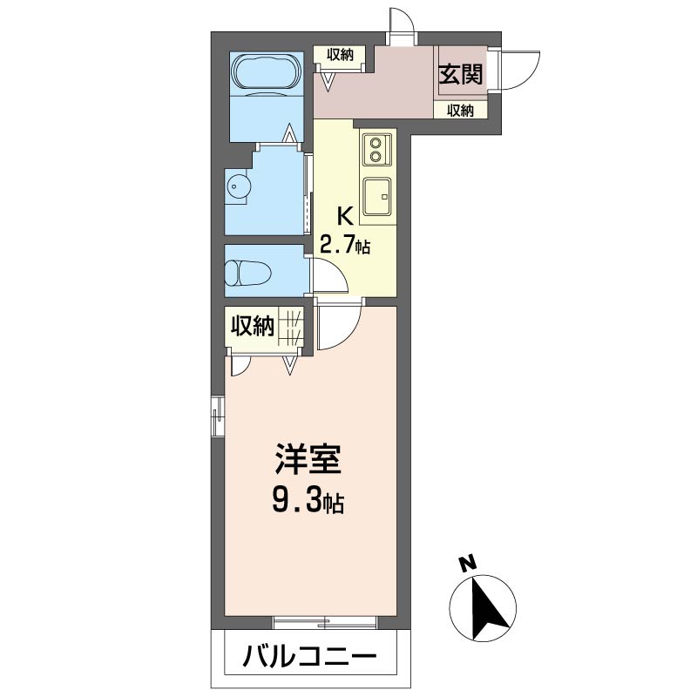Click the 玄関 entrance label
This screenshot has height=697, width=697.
460,76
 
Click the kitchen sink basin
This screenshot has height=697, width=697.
378,196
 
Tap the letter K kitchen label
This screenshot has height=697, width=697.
345,215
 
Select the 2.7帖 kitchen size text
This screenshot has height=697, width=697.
345,245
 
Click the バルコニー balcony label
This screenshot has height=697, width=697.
310,655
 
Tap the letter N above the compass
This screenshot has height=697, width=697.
468,564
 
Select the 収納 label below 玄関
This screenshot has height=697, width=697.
460,111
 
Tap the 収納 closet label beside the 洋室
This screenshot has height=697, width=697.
252,326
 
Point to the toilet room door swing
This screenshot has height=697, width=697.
330,277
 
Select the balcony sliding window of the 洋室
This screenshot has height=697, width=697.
325,621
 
